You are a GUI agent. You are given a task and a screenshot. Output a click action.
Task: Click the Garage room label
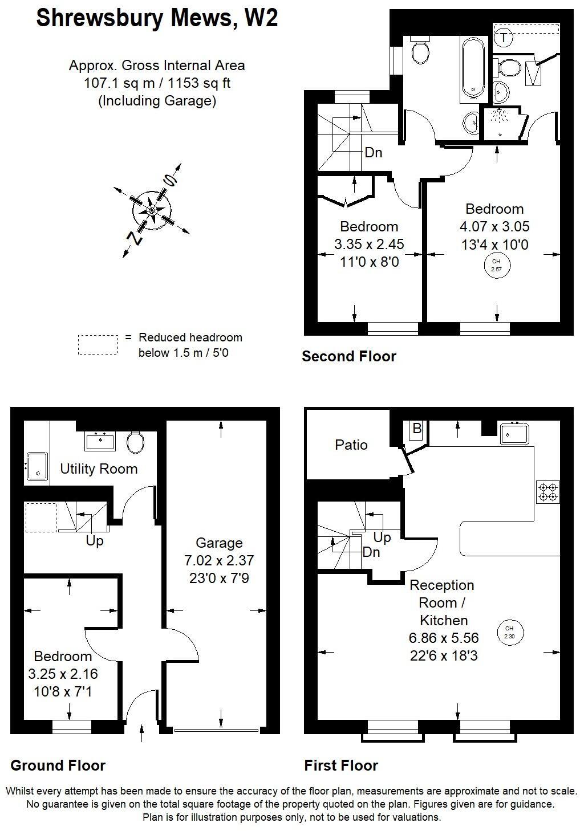[x=219, y=543]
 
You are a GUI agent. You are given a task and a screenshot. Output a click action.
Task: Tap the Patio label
[x=351, y=445]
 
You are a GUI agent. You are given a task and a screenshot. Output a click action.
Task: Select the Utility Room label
[x=99, y=469]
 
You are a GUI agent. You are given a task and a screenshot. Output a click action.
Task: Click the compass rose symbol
[x=152, y=210]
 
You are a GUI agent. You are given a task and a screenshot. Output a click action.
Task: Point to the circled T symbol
[x=504, y=38]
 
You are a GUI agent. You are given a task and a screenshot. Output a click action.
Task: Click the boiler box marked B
[x=416, y=429]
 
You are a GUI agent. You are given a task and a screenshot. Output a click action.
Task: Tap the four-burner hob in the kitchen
[x=548, y=492]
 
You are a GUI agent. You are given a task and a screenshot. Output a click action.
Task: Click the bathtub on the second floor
[x=473, y=67]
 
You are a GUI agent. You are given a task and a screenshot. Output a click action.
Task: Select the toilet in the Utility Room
[x=136, y=442]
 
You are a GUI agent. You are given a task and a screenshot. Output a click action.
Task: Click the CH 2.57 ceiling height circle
[x=496, y=266]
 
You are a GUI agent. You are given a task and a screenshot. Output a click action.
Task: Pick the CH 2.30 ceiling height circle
[x=509, y=632]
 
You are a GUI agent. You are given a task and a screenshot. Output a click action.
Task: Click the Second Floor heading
[x=348, y=357]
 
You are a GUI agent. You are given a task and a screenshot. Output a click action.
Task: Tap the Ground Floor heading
[x=58, y=765]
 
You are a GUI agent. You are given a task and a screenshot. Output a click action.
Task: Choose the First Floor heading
[x=341, y=765]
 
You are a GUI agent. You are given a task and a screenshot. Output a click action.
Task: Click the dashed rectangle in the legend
[x=98, y=345]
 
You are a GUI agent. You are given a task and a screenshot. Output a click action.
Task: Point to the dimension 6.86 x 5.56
[x=444, y=638]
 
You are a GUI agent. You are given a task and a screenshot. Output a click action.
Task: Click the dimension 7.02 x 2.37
[x=219, y=561]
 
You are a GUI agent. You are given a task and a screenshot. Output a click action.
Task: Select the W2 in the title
[x=261, y=18]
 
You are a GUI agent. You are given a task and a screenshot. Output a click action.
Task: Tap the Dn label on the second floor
[x=373, y=153]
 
